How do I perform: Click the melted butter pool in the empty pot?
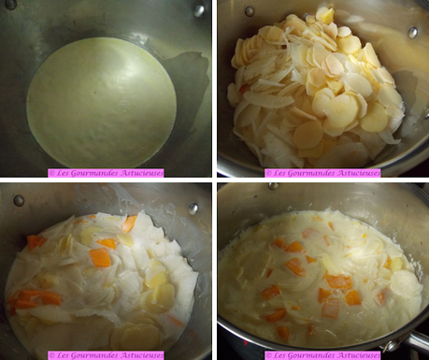pos(101,101)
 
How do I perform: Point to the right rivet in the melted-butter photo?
pos(199,10)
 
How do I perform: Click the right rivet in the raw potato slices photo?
pos(412,32)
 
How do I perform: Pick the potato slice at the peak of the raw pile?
pos(324,15)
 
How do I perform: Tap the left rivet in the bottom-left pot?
pos(19,200)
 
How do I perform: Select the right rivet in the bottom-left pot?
pos(193,209)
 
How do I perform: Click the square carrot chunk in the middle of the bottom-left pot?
pos(100,257)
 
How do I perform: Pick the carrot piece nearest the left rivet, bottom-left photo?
pos(36,241)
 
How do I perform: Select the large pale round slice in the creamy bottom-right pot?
pos(405,283)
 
